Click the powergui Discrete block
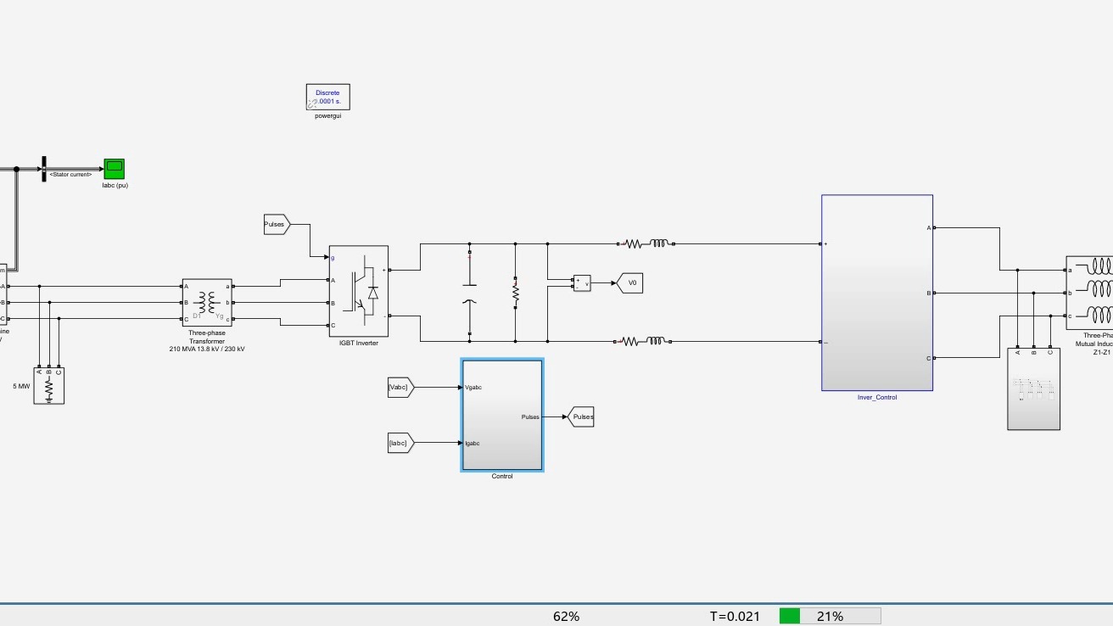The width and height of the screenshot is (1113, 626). (x=327, y=97)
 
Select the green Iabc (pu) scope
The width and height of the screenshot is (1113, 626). (x=114, y=168)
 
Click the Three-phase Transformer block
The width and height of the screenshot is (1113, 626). (x=207, y=303)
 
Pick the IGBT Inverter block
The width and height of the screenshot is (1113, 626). (x=358, y=291)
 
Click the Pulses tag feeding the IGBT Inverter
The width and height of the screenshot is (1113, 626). (x=277, y=225)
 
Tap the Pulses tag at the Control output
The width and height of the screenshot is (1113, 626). (x=582, y=416)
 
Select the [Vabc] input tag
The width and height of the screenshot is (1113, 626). (x=400, y=388)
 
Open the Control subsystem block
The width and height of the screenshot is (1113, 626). (x=502, y=415)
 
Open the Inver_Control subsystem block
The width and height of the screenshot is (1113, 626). (x=876, y=293)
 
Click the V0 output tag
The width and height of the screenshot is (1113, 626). (x=630, y=283)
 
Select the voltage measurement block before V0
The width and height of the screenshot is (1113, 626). (x=582, y=283)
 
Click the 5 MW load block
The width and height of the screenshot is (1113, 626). (x=49, y=386)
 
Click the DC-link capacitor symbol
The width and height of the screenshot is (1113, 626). (x=469, y=293)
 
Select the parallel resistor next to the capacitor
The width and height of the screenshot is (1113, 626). (x=515, y=292)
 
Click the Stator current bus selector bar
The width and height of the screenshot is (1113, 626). (x=43, y=169)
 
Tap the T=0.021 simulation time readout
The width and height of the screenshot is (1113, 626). (x=735, y=617)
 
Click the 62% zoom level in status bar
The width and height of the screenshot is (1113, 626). (x=566, y=617)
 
